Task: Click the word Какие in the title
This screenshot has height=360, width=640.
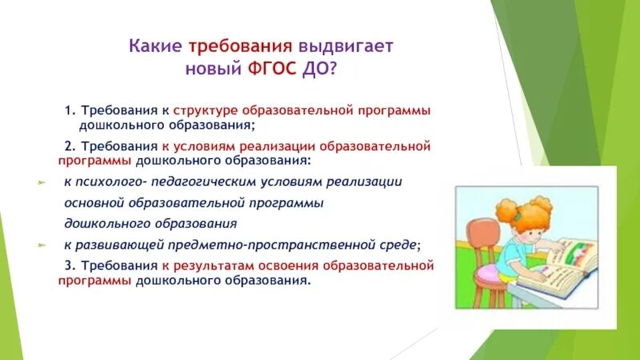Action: coord(155,46)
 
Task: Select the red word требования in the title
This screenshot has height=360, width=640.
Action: coord(241,46)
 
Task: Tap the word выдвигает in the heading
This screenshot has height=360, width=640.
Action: coord(346,46)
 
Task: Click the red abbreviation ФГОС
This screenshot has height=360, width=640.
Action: coord(272,69)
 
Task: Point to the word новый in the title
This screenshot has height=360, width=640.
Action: coord(214,69)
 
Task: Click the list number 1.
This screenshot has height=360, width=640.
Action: coord(70,110)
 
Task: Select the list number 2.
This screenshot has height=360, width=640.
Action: coord(70,146)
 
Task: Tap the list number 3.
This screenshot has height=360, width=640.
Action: coord(70,266)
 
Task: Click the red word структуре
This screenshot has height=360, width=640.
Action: coord(206,111)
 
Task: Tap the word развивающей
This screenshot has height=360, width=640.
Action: coord(119,245)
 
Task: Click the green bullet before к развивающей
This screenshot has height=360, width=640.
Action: coord(42,245)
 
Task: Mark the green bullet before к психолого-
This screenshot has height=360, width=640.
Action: coord(42,183)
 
